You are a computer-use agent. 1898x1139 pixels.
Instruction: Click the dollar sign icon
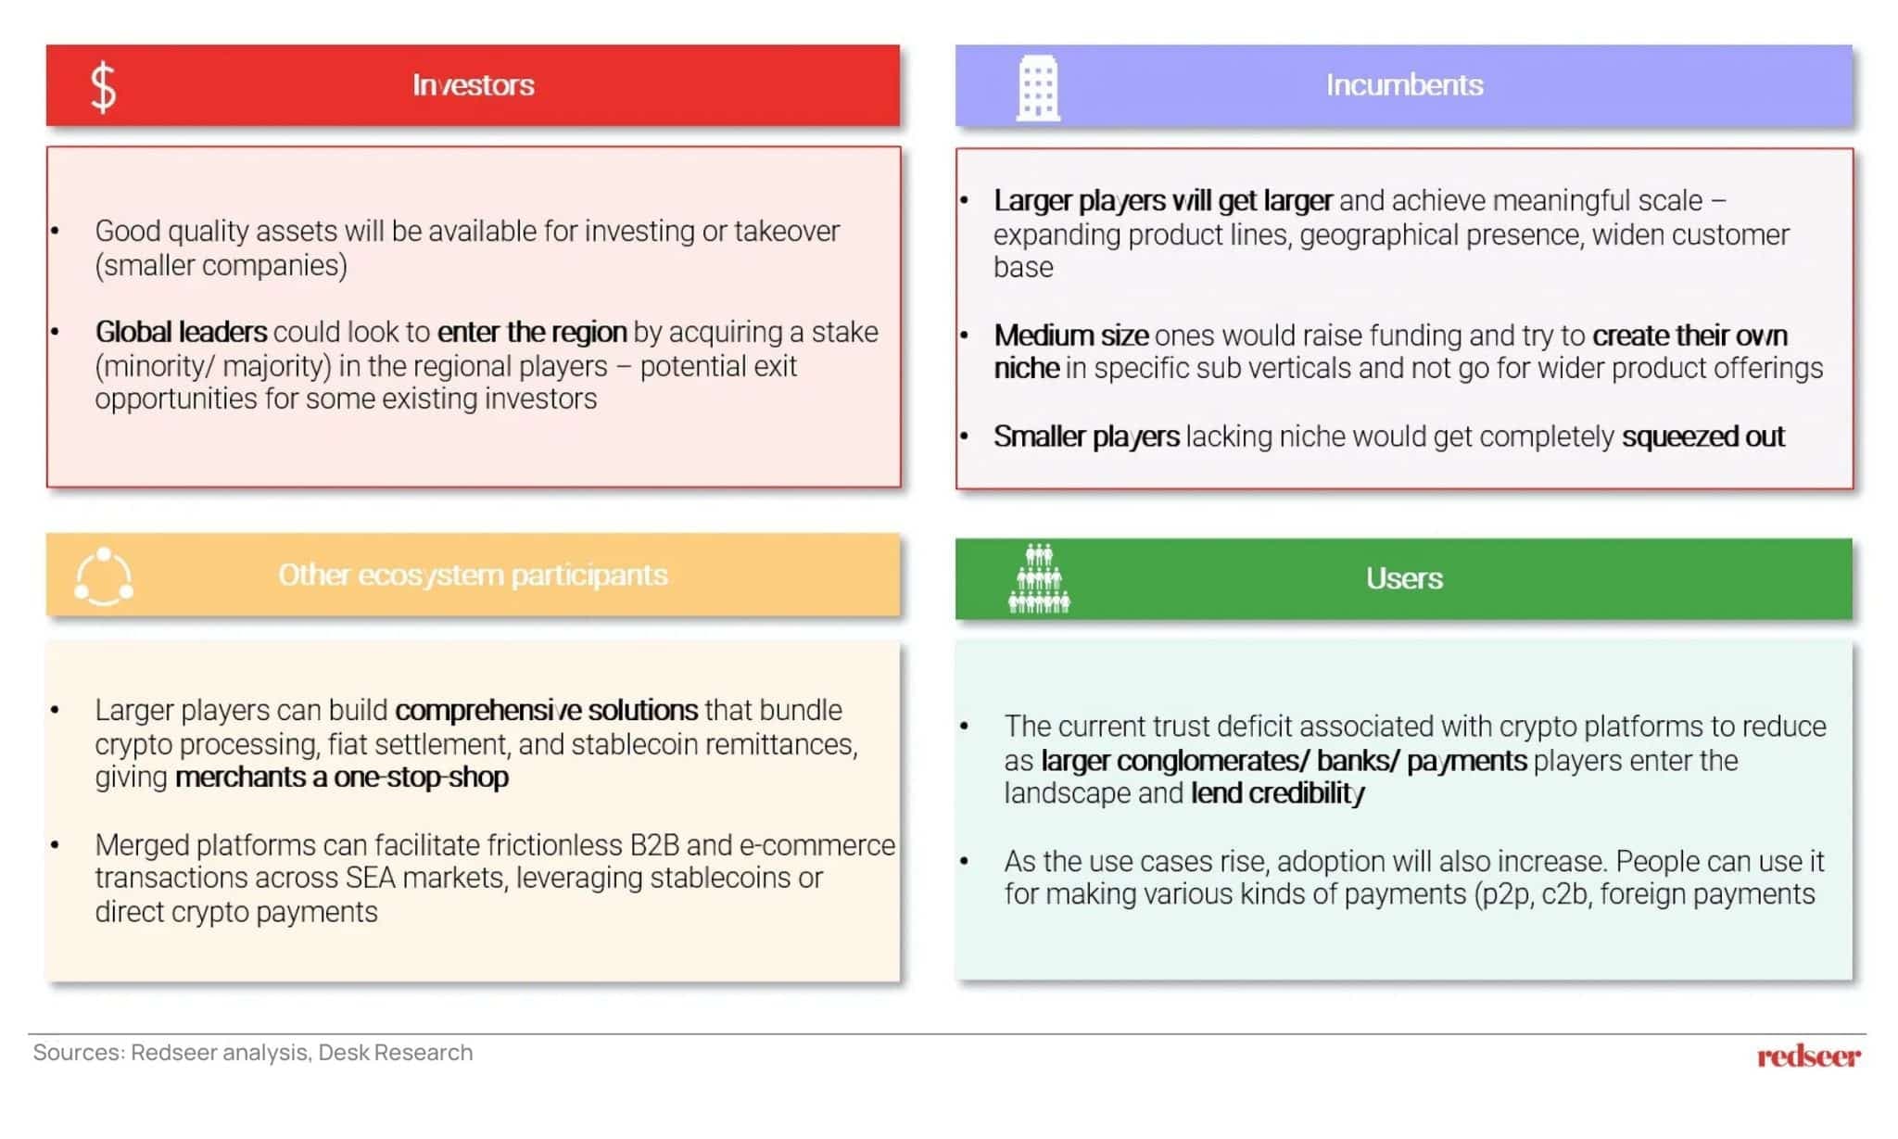point(103,87)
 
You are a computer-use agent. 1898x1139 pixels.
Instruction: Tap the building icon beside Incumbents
point(1037,88)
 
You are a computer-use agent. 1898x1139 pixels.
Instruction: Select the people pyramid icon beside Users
point(1038,579)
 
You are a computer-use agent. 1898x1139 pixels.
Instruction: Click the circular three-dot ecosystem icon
point(104,577)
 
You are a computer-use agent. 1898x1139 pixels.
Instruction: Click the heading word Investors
point(473,85)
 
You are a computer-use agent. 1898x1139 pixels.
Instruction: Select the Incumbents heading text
point(1403,85)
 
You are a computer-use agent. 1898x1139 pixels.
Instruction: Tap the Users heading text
point(1403,578)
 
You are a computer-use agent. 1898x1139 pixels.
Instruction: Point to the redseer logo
point(1807,1057)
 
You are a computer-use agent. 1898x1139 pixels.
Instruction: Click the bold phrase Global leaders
point(181,332)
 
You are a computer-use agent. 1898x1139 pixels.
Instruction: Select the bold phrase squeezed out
point(1702,437)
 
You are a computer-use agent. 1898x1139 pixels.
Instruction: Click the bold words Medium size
point(1070,335)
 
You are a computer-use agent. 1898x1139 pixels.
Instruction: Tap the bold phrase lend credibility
point(1277,794)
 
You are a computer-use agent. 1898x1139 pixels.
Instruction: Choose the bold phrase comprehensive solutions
point(546,710)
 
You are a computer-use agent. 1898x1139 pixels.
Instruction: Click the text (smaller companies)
point(221,266)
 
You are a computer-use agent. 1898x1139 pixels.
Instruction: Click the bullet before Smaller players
point(965,437)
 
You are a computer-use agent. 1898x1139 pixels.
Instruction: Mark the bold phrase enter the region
point(532,332)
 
